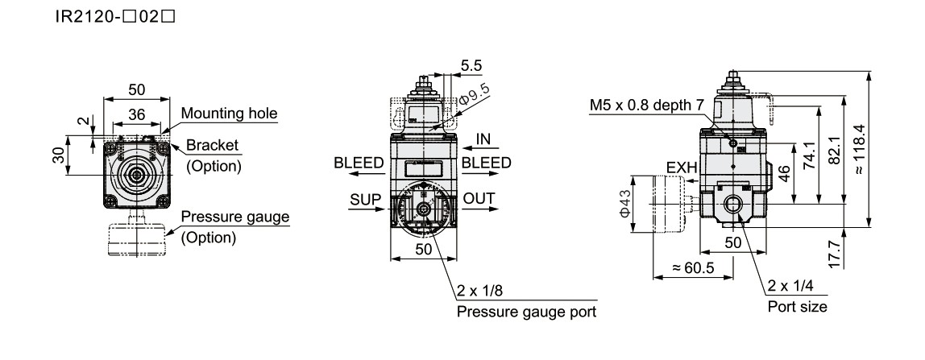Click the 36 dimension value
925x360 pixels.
click(137, 115)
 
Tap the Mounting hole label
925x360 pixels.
click(229, 114)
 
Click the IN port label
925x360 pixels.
click(483, 139)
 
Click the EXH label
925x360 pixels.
click(680, 168)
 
